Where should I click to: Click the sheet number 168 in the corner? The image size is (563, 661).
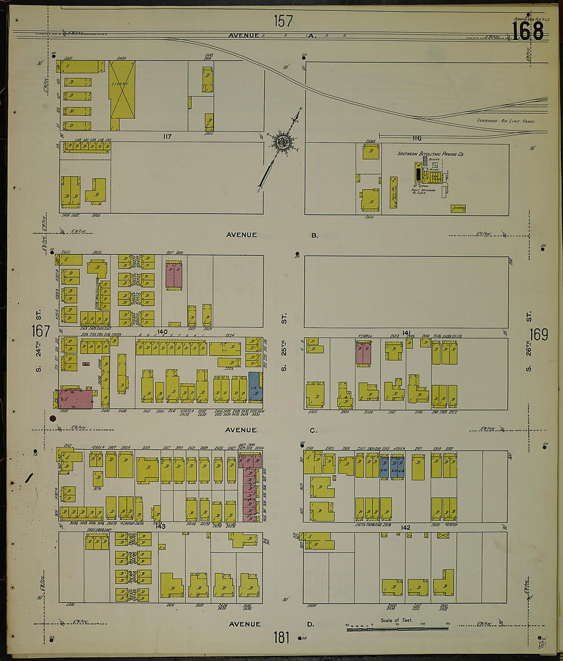click(x=528, y=31)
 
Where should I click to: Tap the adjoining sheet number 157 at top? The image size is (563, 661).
click(x=283, y=21)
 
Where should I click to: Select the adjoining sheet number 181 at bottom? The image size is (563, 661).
click(x=281, y=637)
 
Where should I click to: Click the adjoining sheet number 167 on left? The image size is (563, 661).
click(x=40, y=331)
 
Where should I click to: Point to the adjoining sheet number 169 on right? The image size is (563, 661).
click(x=538, y=335)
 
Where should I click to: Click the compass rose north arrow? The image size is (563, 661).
click(x=281, y=142)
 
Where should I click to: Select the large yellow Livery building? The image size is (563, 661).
click(x=122, y=92)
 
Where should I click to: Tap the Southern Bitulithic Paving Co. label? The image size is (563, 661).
click(x=430, y=153)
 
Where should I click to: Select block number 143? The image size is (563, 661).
click(x=161, y=526)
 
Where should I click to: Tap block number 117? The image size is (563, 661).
click(x=167, y=137)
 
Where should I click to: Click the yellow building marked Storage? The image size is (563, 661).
click(x=458, y=208)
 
